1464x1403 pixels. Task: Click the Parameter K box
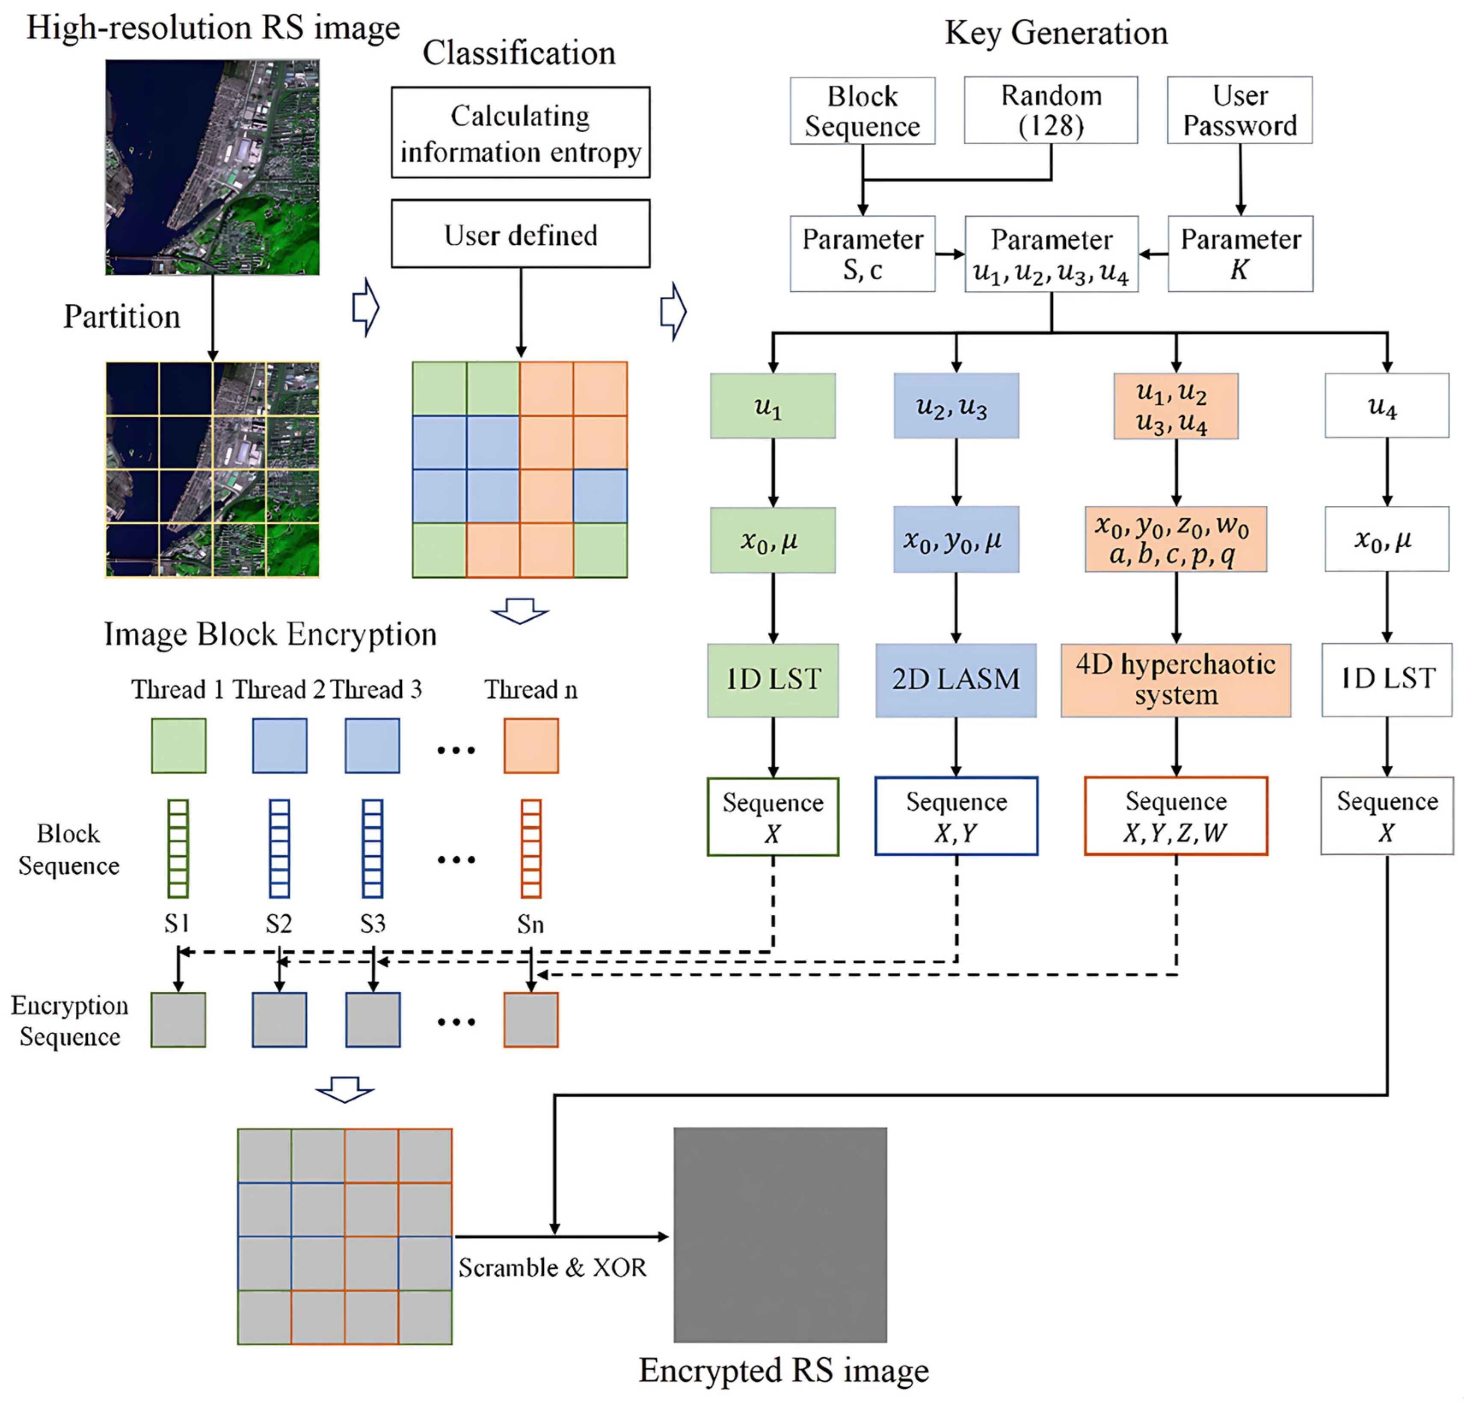click(1240, 254)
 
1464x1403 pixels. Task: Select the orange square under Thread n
click(530, 746)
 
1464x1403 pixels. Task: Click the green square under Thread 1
click(178, 746)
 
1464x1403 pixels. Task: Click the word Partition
click(122, 317)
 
